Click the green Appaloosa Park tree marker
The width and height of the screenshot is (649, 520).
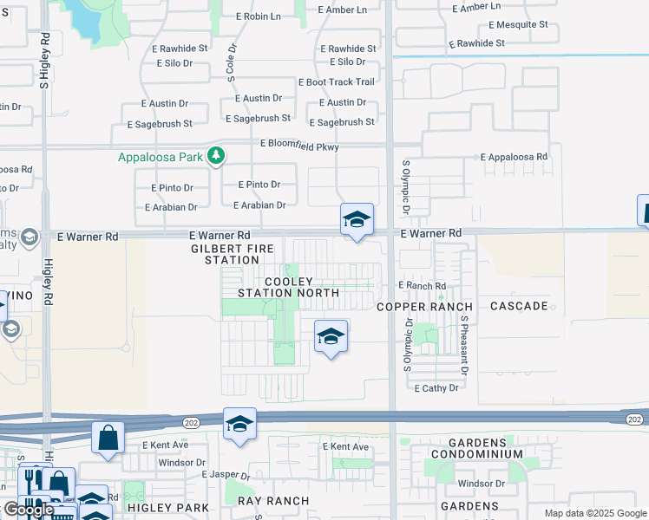[x=216, y=156]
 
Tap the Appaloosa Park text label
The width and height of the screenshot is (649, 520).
[x=161, y=158]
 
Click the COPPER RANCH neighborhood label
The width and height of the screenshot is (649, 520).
[x=425, y=307]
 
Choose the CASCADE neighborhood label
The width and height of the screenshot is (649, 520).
[x=519, y=306]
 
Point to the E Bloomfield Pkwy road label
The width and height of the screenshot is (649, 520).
[x=298, y=147]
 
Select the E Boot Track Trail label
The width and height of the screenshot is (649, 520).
[x=336, y=82]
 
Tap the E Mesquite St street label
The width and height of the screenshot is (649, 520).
[x=518, y=25]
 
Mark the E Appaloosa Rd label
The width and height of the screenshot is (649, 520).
[x=514, y=158]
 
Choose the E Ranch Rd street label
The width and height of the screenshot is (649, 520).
[x=422, y=285]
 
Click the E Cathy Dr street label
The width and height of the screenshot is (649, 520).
[x=436, y=388]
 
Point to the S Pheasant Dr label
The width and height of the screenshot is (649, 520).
[x=464, y=344]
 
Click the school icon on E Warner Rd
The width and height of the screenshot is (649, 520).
[x=357, y=220]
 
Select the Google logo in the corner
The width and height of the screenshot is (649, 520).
[x=28, y=510]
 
